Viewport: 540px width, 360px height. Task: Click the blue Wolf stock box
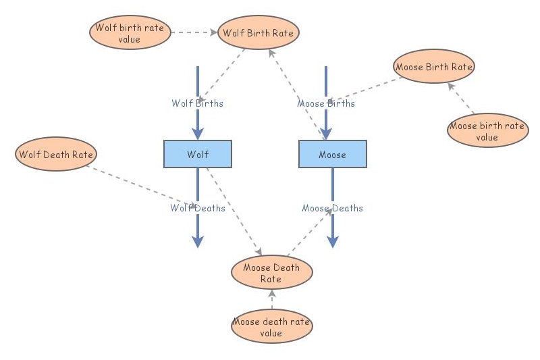[x=198, y=154]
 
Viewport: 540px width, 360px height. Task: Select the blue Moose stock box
[x=332, y=154]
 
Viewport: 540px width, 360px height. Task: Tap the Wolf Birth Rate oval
[x=259, y=32]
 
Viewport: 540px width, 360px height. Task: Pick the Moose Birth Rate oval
[x=434, y=66]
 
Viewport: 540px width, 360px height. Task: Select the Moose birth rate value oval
[x=487, y=131]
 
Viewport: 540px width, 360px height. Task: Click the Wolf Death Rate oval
[x=55, y=154]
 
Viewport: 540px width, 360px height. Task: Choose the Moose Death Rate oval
[x=271, y=273]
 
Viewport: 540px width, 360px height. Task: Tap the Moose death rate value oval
[x=271, y=327]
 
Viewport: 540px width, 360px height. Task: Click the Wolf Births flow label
[x=197, y=103]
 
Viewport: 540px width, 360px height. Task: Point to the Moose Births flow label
[x=326, y=103]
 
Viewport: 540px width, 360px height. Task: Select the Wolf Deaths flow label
[x=197, y=208]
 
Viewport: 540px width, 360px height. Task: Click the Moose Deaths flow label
[x=332, y=208]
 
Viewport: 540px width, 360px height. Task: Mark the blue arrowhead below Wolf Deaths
[x=198, y=241]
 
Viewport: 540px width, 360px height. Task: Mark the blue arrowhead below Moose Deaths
[x=333, y=241]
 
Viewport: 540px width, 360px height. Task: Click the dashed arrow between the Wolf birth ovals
[x=193, y=32]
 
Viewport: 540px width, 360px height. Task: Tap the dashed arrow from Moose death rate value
[x=271, y=300]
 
